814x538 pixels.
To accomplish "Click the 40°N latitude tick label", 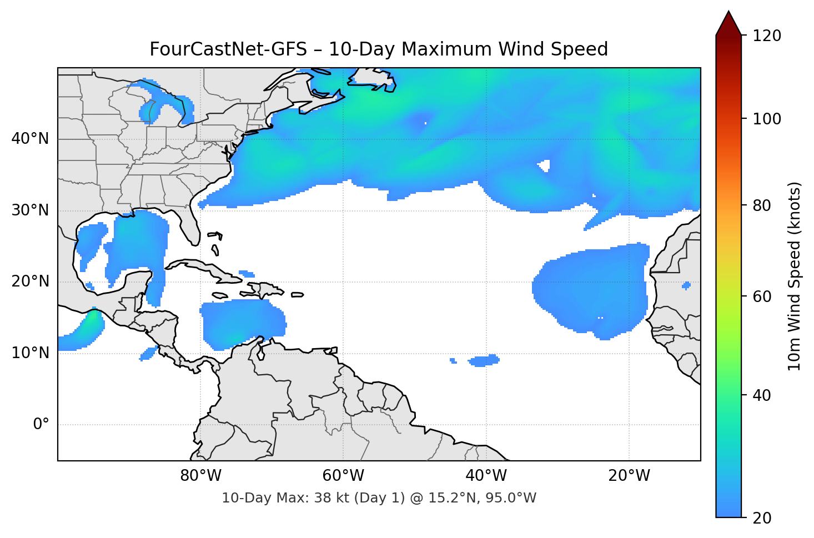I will point(30,139).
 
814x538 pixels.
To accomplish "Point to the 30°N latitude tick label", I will point(30,210).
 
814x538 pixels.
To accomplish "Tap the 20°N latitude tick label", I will point(30,281).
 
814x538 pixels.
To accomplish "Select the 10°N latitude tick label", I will point(30,353).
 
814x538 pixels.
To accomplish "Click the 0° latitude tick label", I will point(41,425).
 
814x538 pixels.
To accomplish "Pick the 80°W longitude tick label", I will point(200,476).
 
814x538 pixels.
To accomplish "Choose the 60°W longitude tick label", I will point(343,476).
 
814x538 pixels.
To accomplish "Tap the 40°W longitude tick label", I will point(486,476).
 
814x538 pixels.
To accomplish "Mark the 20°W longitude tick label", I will point(629,476).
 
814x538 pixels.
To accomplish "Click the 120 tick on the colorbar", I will point(767,36).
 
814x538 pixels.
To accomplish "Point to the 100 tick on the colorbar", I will point(767,119).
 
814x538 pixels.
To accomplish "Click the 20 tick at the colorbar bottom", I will point(762,518).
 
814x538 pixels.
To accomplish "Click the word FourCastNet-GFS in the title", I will point(228,49).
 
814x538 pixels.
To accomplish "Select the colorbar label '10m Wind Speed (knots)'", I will point(795,276).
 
